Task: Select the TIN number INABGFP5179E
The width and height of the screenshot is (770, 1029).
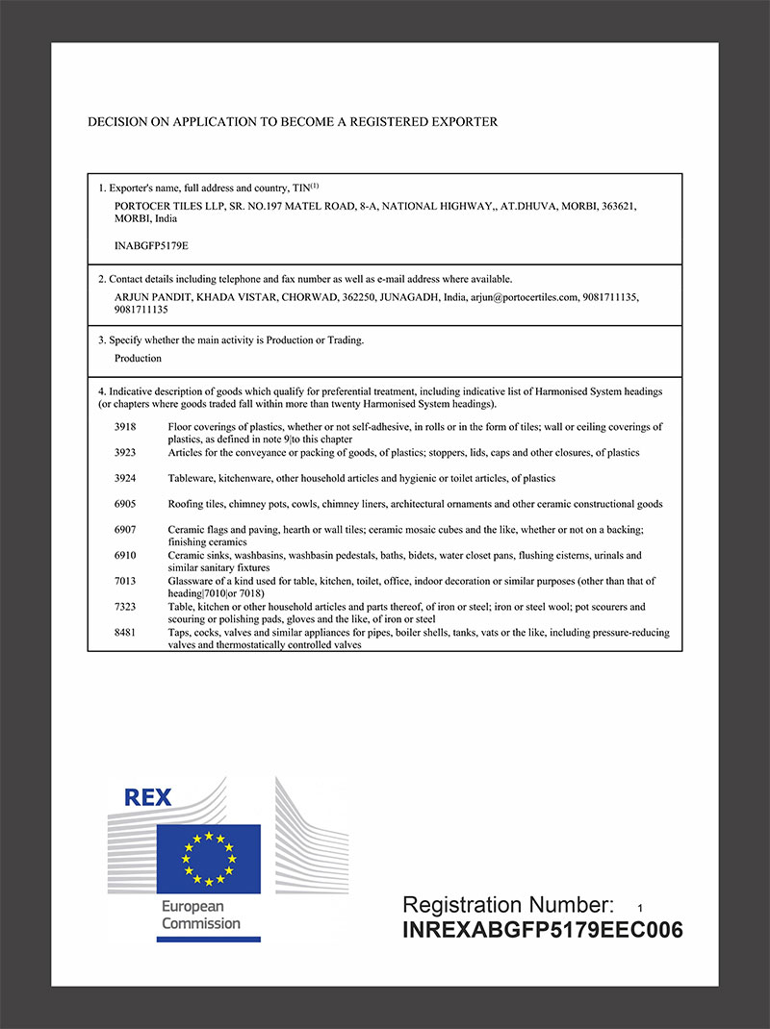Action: click(x=151, y=246)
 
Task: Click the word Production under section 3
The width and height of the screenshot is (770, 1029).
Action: click(x=138, y=358)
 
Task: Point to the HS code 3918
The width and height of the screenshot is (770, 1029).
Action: click(x=126, y=426)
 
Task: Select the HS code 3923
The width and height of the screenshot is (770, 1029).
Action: click(x=126, y=452)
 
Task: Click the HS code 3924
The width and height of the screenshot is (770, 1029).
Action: click(x=126, y=478)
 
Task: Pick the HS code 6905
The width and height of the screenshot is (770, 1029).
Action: click(x=126, y=504)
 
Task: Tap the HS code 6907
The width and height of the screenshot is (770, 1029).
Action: click(x=126, y=530)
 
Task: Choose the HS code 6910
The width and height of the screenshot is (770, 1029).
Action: click(x=126, y=556)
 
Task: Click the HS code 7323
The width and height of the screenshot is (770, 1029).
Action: click(x=126, y=608)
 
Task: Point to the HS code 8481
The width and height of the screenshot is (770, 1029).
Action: click(x=126, y=634)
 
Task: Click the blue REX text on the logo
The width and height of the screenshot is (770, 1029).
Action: click(x=148, y=797)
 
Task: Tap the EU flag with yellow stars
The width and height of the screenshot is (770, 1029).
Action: click(x=209, y=858)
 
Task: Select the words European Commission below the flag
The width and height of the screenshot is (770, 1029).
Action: click(x=200, y=915)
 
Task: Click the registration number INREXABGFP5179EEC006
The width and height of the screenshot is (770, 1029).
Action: click(x=542, y=930)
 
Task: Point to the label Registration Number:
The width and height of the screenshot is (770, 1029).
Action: click(x=507, y=905)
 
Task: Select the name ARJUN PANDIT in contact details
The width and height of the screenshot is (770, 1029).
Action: click(x=152, y=297)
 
